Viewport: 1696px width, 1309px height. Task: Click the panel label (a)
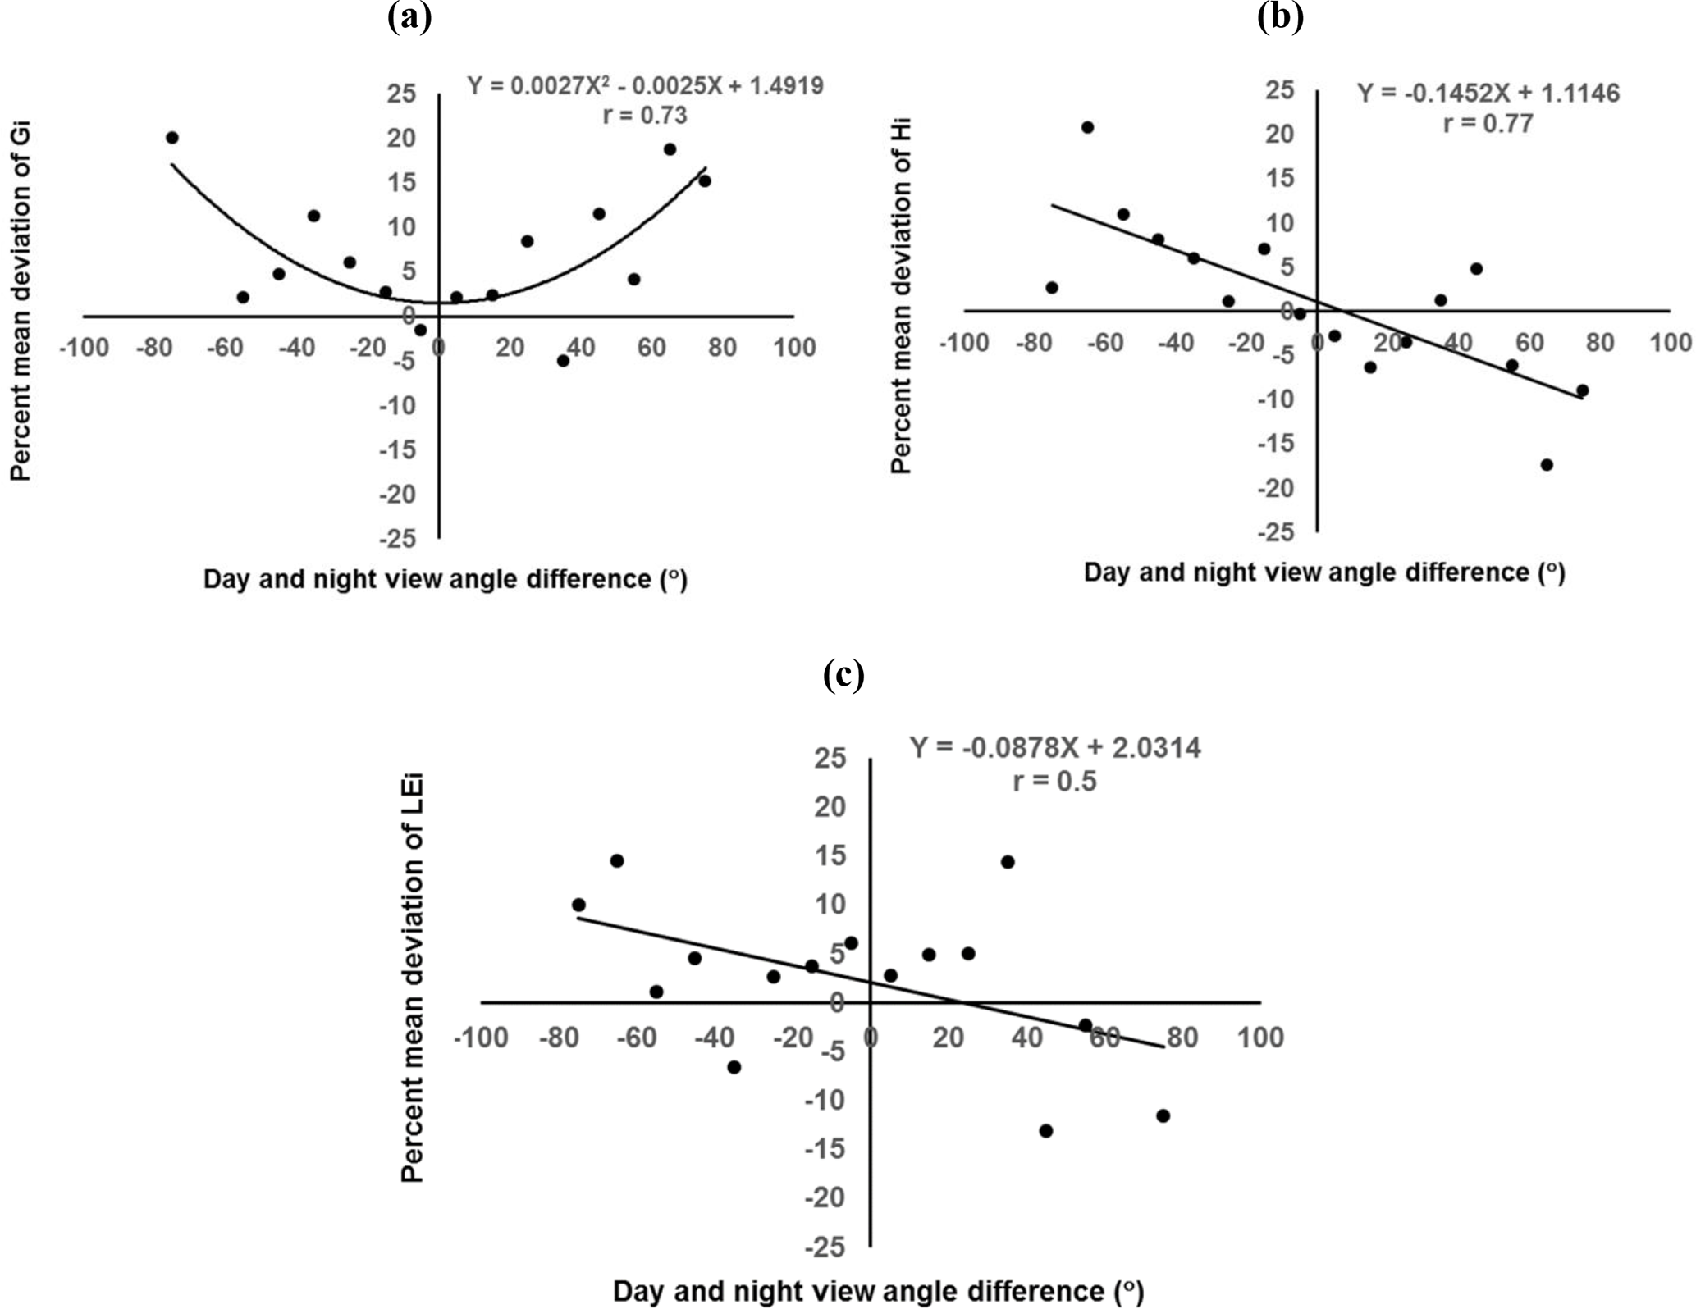pos(409,16)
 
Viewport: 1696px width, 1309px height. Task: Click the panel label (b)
pos(1280,16)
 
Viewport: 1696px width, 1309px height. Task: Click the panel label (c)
pos(843,675)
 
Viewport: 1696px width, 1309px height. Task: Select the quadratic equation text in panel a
pos(645,85)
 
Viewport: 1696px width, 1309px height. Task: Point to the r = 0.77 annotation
pos(1488,124)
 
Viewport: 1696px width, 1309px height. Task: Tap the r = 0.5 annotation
pos(1054,781)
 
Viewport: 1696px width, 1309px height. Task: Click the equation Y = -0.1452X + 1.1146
pos(1488,93)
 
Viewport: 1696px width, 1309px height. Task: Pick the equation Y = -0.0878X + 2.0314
pos(1054,748)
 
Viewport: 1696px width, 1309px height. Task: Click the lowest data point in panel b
pos(1547,465)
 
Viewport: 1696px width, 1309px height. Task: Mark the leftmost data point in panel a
pos(171,138)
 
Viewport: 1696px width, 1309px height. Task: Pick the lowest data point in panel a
pos(563,361)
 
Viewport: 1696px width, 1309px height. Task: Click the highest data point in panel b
pos(1087,127)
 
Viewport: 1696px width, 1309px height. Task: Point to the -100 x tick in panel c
pos(481,1038)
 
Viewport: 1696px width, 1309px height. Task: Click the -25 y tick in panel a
pos(397,539)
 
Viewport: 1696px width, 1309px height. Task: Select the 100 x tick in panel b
pos(1670,342)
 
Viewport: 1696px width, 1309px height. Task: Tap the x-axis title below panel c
pos(878,1291)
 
